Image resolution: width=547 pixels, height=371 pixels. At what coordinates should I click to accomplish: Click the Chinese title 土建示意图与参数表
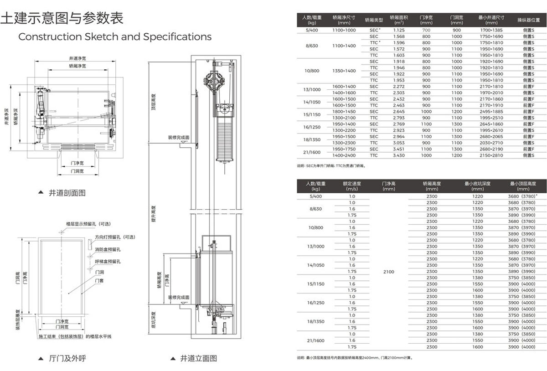[x=62, y=18]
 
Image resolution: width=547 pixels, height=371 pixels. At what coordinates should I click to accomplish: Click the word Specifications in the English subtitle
[x=177, y=36]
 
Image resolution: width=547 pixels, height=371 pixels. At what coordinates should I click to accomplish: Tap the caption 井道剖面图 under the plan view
[x=67, y=193]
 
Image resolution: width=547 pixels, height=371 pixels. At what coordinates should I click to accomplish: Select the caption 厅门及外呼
[x=67, y=358]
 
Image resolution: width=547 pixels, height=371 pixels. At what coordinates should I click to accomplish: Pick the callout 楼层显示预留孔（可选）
[x=88, y=224]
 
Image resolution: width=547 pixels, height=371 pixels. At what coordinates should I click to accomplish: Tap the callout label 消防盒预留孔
[x=108, y=249]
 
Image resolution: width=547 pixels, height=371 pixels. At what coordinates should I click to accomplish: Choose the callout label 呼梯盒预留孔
[x=108, y=262]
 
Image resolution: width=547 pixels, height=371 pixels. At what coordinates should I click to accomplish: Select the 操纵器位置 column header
[x=528, y=20]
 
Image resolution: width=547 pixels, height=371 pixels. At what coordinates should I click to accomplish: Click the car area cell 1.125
[x=399, y=30]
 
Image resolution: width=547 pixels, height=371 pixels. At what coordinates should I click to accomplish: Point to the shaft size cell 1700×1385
[x=491, y=30]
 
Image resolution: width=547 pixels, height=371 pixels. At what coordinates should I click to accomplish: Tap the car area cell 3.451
[x=399, y=149]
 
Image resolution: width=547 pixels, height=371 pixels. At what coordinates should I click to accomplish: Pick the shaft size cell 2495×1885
[x=491, y=111]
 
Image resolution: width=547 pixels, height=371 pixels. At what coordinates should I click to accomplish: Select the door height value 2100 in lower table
[x=389, y=272]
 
